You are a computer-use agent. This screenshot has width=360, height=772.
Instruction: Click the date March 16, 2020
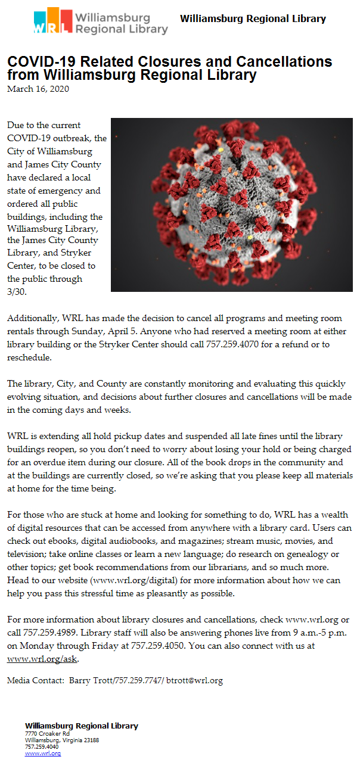pyautogui.click(x=38, y=89)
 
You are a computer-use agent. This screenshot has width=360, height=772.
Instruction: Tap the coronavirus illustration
pyautogui.click(x=232, y=204)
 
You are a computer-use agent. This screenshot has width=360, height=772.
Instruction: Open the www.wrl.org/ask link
pyautogui.click(x=43, y=659)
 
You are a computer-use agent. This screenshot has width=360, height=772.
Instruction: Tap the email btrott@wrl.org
pyautogui.click(x=194, y=680)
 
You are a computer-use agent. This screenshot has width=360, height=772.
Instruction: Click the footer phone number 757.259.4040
pyautogui.click(x=42, y=746)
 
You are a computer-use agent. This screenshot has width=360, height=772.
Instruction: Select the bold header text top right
pyautogui.click(x=253, y=18)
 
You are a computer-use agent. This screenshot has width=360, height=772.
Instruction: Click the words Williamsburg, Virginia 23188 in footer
pyautogui.click(x=62, y=740)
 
